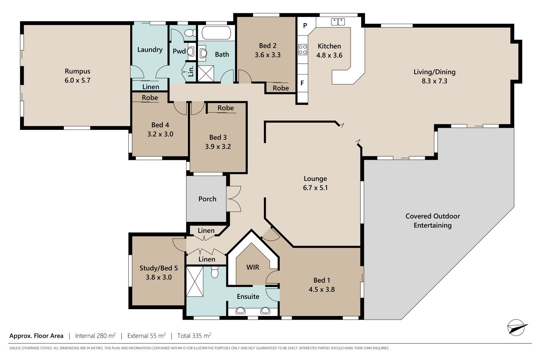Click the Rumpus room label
pos(77,71)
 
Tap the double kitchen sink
pos(338,22)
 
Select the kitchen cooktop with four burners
pos(302,49)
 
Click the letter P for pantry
pos(305,25)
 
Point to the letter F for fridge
pos(302,83)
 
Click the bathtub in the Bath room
pos(216,33)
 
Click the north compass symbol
pos(517,327)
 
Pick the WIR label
pos(253,267)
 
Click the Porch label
pos(207,199)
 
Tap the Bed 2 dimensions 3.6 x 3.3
pos(267,55)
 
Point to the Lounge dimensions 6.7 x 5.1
pos(315,188)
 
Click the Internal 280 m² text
pos(95,336)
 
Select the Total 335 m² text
pos(194,336)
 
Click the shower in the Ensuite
pos(195,282)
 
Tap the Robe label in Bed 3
pos(226,108)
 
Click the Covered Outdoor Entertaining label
pos(433,221)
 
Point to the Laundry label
pos(150,50)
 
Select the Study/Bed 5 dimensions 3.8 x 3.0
pos(159,277)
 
